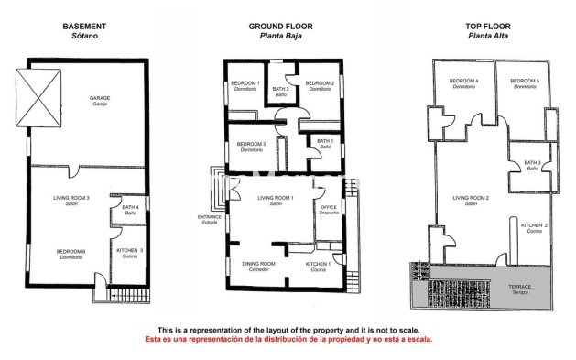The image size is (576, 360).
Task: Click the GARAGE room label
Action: pyautogui.click(x=100, y=99)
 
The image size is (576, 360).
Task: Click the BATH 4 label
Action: pyautogui.click(x=130, y=209)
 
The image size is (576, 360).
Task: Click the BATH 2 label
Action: pyautogui.click(x=280, y=90)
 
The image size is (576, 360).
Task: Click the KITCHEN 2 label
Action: pyautogui.click(x=534, y=226)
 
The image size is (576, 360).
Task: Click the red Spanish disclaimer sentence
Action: pyautogui.click(x=288, y=339)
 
